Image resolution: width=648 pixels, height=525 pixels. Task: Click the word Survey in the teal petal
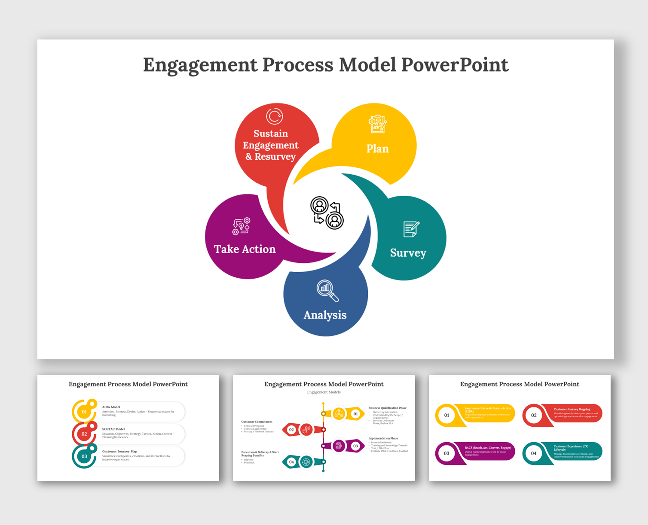click(408, 253)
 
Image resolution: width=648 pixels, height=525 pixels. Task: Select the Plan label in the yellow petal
click(377, 149)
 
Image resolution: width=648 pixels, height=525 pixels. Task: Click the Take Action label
click(245, 249)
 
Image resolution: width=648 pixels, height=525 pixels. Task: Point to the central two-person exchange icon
click(327, 213)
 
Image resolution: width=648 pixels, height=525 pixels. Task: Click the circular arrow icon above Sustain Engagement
click(274, 116)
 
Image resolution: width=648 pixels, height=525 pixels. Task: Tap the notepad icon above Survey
click(411, 229)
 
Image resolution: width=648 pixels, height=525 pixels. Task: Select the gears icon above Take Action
click(241, 226)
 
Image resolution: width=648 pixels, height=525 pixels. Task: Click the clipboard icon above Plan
click(378, 124)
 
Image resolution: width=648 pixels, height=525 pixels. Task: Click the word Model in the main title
click(367, 65)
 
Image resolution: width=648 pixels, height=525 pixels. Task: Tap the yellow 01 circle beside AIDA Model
click(84, 412)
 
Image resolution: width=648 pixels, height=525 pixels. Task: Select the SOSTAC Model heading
click(113, 429)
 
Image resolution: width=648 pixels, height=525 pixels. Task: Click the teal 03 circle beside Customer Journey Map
click(84, 456)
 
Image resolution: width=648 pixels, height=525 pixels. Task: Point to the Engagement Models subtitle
click(324, 392)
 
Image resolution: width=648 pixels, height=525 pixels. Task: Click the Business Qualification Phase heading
click(387, 408)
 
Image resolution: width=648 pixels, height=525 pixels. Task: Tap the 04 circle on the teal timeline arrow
click(291, 462)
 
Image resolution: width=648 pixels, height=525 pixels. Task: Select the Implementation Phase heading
click(383, 438)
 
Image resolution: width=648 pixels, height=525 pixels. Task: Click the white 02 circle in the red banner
click(534, 415)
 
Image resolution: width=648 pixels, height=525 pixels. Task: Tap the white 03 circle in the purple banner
click(446, 453)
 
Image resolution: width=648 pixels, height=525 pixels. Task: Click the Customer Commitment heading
click(257, 422)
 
